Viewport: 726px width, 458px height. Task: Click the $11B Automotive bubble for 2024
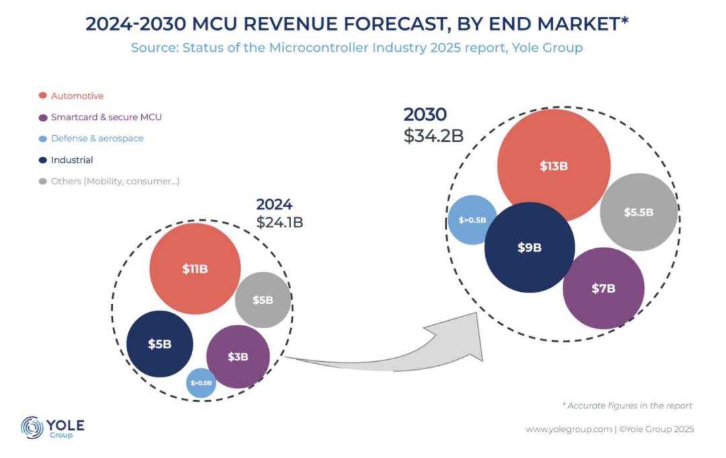195,269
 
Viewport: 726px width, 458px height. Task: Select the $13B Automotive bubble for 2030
553,166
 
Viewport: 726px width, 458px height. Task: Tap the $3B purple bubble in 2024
238,356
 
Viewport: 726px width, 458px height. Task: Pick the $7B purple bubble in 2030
603,289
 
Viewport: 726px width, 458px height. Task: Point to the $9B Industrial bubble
529,247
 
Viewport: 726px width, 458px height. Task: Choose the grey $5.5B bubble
639,212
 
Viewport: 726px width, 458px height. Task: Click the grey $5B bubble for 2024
263,300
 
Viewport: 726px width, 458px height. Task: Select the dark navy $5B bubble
160,344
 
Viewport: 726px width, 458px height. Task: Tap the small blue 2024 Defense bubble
201,383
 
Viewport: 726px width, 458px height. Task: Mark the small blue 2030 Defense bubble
473,220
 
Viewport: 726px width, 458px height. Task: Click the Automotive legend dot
44,96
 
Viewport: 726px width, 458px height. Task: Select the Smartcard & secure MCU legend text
106,117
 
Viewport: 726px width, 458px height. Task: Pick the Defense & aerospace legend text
97,139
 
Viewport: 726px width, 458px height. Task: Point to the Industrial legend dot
44,160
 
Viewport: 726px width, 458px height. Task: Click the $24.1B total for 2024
280,222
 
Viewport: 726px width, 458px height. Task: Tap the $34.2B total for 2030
434,135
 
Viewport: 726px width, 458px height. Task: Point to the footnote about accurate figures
627,406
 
